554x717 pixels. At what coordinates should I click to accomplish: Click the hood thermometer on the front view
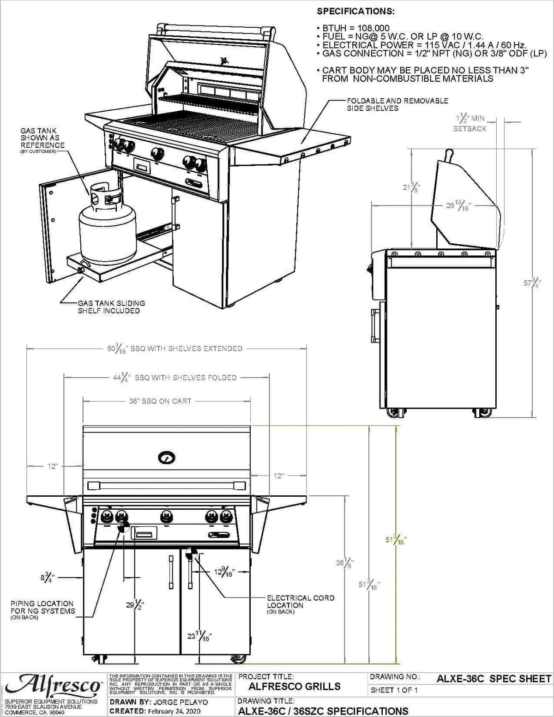click(166, 458)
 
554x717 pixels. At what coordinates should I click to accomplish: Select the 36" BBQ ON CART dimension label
click(160, 401)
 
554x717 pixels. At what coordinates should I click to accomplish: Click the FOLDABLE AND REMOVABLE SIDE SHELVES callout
click(397, 104)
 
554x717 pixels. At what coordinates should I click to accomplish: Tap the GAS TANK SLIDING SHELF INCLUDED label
click(111, 307)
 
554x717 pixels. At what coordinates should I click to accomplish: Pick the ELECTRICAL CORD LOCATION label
click(300, 602)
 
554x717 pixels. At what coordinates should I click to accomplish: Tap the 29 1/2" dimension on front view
click(135, 605)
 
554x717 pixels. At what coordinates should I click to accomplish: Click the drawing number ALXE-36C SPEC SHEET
click(494, 679)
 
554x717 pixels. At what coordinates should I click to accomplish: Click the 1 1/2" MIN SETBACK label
click(470, 123)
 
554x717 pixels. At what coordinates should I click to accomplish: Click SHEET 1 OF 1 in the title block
click(394, 690)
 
